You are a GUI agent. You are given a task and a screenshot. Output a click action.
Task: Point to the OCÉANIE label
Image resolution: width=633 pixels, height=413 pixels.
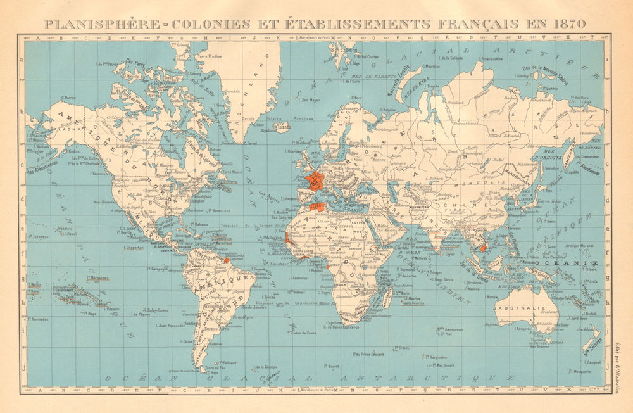pos(567,262)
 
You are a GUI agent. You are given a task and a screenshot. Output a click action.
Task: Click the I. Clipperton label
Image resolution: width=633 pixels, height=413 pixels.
pos(133,248)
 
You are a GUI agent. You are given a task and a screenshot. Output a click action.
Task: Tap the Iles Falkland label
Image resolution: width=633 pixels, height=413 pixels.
pos(229,362)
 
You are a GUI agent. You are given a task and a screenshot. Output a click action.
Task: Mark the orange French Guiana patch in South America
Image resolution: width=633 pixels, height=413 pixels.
pos(226,260)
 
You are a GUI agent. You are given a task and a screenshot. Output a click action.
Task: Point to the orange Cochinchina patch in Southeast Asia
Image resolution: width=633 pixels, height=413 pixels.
pos(482,248)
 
